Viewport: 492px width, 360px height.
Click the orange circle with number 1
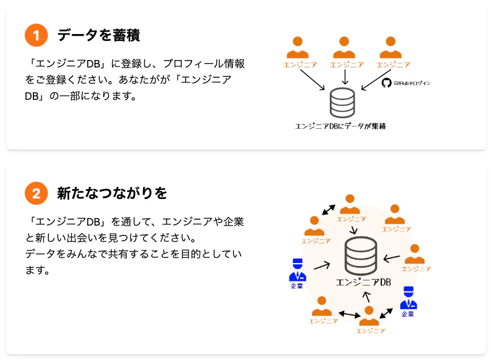[x=36, y=35]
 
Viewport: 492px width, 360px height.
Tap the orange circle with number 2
[x=36, y=193]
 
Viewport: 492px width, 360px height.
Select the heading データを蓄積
[x=99, y=35]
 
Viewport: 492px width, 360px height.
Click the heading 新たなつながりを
[x=112, y=193]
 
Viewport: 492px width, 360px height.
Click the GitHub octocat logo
[x=386, y=83]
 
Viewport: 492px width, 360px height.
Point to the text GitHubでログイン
[x=412, y=83]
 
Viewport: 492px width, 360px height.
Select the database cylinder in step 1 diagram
[x=343, y=103]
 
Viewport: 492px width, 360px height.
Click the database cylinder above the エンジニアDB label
[x=361, y=256]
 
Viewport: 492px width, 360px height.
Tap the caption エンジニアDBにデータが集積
[x=340, y=126]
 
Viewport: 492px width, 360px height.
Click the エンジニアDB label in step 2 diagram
[x=363, y=283]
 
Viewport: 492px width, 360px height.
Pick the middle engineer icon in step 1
[x=344, y=47]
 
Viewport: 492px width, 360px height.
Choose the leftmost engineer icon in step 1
[x=298, y=47]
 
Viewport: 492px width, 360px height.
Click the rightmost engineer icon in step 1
[x=390, y=47]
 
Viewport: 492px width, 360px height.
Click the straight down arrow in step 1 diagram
[x=345, y=77]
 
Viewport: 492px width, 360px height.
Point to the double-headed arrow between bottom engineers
[x=350, y=314]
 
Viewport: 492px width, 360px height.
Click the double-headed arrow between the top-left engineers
[x=329, y=209]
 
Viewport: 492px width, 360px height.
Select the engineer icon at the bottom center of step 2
[x=369, y=316]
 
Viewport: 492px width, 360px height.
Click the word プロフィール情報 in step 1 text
[x=204, y=63]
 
